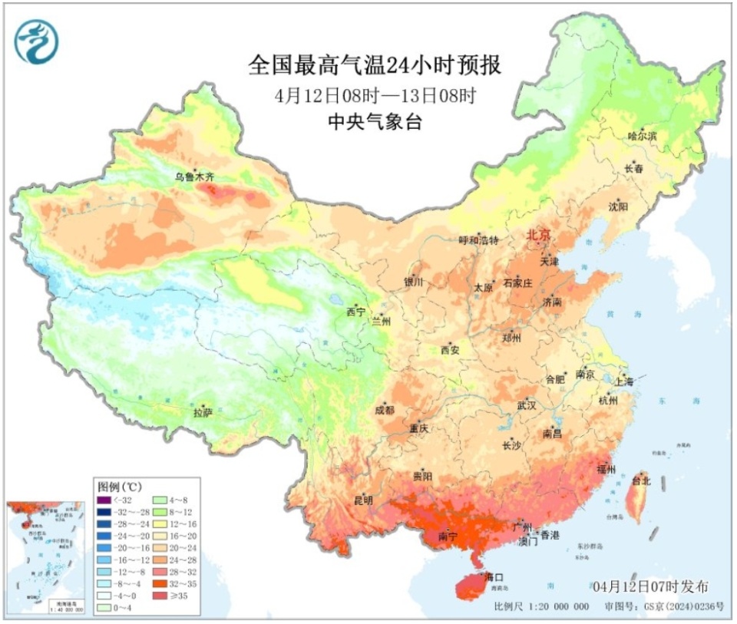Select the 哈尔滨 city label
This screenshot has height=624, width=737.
pyautogui.click(x=643, y=136)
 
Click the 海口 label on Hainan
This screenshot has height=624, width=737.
pyautogui.click(x=494, y=576)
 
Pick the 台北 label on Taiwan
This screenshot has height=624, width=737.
pyautogui.click(x=640, y=481)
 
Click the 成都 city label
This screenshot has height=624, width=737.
pyautogui.click(x=385, y=411)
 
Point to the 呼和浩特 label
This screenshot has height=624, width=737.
pyautogui.click(x=478, y=240)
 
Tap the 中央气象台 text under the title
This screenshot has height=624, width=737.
pyautogui.click(x=375, y=122)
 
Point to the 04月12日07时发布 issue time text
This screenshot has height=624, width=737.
pyautogui.click(x=650, y=586)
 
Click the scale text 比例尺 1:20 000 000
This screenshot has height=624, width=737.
pyautogui.click(x=542, y=606)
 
